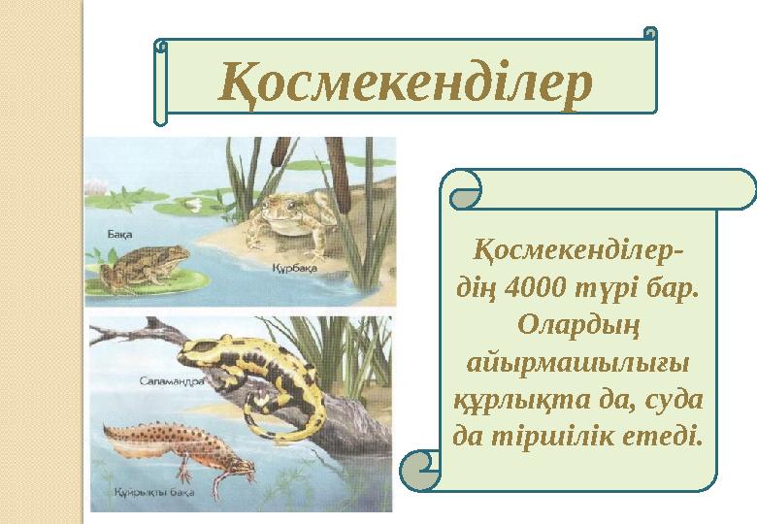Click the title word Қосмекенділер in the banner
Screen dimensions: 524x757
coord(406,82)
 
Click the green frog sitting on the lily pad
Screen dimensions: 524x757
coord(146,266)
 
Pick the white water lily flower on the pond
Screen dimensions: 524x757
coord(194,205)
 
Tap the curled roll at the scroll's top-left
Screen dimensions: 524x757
coord(463,188)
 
